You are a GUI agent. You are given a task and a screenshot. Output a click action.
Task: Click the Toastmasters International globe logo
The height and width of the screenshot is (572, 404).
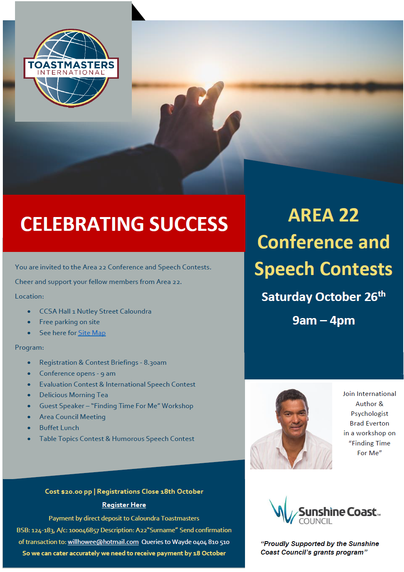71,68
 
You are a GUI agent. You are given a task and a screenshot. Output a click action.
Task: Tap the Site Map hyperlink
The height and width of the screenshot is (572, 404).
92,333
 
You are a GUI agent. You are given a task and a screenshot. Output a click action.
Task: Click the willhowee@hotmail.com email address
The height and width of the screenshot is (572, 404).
103,542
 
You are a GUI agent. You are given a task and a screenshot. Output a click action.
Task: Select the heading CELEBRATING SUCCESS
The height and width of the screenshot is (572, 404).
124,224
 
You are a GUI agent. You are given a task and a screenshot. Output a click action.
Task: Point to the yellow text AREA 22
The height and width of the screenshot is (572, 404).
323,215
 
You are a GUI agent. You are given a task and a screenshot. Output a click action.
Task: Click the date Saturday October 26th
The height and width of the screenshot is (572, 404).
324,297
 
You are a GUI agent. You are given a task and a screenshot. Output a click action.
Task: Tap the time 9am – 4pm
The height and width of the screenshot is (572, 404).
324,320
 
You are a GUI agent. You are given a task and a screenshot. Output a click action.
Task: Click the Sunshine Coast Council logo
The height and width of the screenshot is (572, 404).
324,510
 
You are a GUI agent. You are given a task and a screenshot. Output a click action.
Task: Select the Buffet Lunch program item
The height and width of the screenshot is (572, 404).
59,428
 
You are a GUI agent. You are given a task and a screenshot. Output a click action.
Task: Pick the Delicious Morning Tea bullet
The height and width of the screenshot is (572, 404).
73,395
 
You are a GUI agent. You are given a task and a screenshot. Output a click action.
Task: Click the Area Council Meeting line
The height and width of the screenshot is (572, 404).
72,417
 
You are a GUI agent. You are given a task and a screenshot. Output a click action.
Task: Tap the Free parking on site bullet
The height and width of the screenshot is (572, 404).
69,322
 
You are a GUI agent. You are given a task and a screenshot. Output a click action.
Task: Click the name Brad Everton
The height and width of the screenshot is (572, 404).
369,423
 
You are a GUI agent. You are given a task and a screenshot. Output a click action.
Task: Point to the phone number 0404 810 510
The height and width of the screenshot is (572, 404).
211,542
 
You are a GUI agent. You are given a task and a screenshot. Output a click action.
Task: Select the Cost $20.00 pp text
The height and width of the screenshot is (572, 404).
68,492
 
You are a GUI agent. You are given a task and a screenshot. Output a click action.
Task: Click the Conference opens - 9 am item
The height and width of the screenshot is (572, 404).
77,373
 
